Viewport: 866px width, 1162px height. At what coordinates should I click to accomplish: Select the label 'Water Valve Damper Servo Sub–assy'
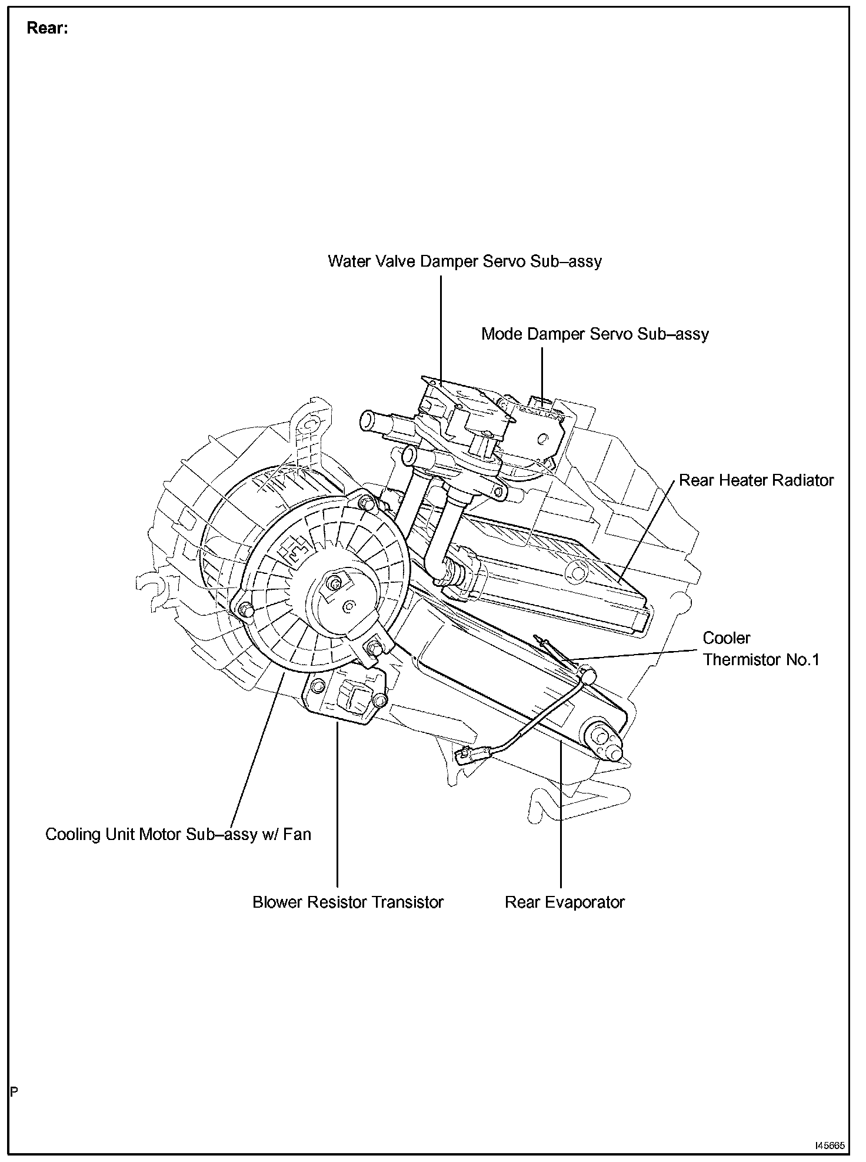pyautogui.click(x=465, y=261)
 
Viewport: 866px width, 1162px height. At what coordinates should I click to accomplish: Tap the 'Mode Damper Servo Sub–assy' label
pyautogui.click(x=595, y=334)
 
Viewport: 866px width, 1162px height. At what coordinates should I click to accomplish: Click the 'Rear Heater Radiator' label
pyautogui.click(x=756, y=480)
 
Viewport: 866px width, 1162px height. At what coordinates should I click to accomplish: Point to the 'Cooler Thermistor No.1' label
pyautogui.click(x=761, y=649)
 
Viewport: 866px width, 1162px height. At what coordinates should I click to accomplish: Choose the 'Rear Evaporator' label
pyautogui.click(x=564, y=902)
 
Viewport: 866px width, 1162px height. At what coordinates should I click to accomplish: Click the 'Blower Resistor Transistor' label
pyautogui.click(x=348, y=902)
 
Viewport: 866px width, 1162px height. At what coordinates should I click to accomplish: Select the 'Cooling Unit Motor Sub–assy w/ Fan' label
pyautogui.click(x=178, y=834)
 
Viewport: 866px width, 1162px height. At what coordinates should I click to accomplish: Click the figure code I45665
pyautogui.click(x=830, y=1146)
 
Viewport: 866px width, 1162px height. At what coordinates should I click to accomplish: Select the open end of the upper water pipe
pyautogui.click(x=368, y=420)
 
